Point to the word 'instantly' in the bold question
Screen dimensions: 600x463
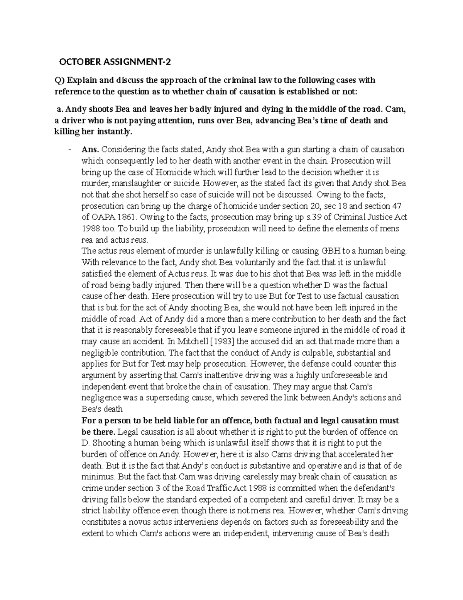coord(115,132)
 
